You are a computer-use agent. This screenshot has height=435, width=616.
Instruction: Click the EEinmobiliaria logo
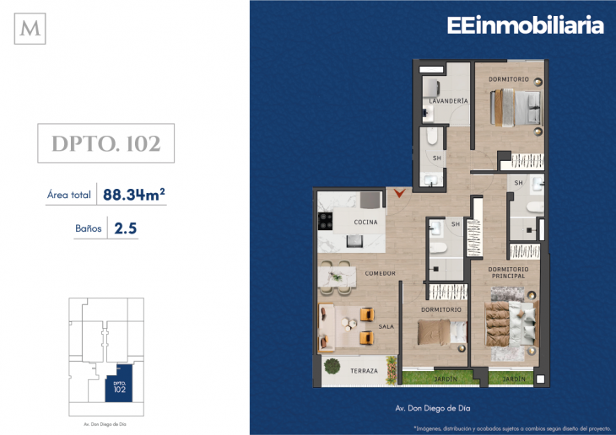click(525, 26)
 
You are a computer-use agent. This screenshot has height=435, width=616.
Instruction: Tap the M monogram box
click(33, 30)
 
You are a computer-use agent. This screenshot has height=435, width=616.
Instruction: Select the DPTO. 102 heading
click(106, 144)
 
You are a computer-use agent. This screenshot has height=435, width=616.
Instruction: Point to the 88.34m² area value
click(133, 195)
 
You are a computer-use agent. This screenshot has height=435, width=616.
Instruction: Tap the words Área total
click(69, 195)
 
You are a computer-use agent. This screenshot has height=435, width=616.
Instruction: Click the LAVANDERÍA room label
click(447, 101)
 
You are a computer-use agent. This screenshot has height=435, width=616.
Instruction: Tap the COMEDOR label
click(380, 273)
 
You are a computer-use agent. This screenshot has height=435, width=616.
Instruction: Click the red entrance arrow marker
click(401, 194)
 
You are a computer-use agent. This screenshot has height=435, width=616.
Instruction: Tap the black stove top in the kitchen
click(324, 222)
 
